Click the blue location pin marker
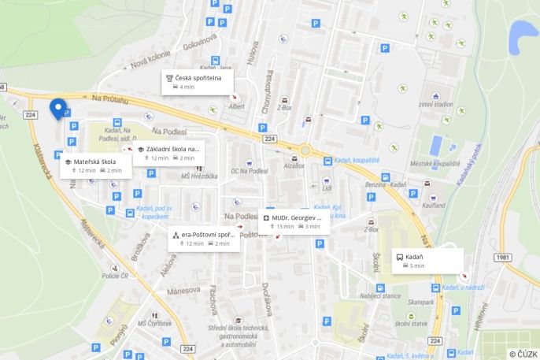[x=57, y=108]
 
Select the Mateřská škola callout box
[x=92, y=165]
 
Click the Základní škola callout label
[x=168, y=152]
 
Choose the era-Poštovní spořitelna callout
[x=203, y=238]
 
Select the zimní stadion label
[x=435, y=104]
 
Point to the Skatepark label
[x=421, y=302]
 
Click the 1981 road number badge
[x=504, y=258]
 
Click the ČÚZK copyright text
[x=523, y=354]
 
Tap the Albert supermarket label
[x=236, y=106]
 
